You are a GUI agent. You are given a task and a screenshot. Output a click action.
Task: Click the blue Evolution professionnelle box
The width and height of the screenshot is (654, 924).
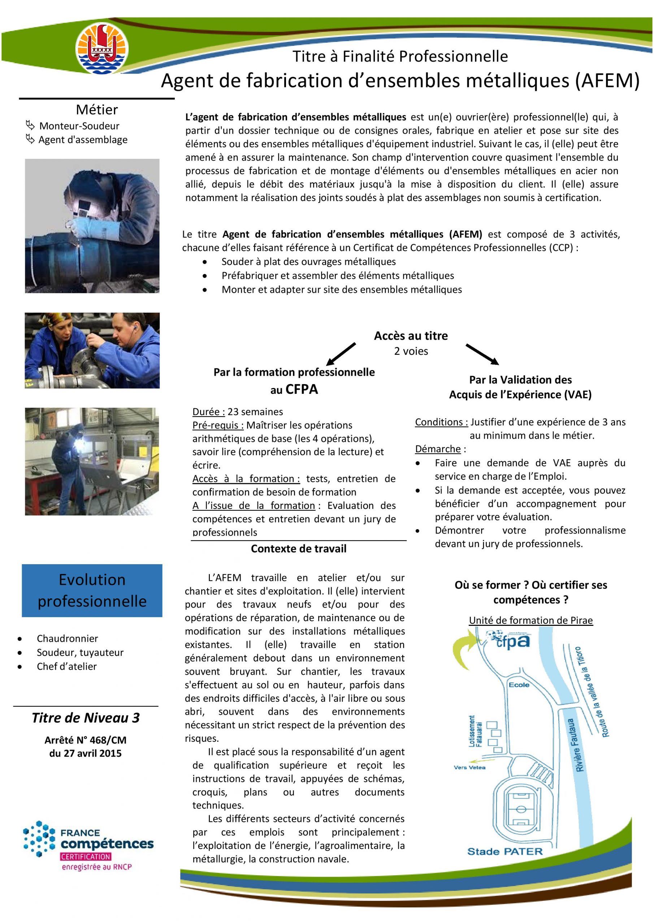click(x=92, y=590)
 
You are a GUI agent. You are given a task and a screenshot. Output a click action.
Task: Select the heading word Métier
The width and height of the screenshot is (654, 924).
click(x=97, y=109)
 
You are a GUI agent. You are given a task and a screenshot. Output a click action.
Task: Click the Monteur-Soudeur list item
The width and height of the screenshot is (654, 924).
click(x=79, y=126)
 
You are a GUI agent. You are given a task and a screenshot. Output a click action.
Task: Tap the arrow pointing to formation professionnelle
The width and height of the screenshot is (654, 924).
click(x=341, y=353)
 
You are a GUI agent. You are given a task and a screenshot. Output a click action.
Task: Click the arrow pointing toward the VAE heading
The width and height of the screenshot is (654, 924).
click(x=482, y=354)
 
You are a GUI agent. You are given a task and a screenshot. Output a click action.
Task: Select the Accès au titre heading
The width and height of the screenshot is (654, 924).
click(x=411, y=336)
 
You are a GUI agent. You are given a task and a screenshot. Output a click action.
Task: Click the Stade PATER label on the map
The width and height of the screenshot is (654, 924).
click(x=504, y=851)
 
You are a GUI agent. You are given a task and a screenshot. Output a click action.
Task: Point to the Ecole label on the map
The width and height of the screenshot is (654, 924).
click(x=519, y=685)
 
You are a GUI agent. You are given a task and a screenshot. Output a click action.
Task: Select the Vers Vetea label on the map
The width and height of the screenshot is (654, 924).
click(x=469, y=767)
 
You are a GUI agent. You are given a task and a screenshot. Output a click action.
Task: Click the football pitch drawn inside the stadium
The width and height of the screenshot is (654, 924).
click(x=521, y=809)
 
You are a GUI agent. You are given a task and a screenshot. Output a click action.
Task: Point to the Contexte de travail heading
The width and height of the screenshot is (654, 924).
click(x=298, y=549)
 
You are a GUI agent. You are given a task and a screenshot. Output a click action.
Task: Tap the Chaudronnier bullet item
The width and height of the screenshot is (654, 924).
click(x=67, y=638)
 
